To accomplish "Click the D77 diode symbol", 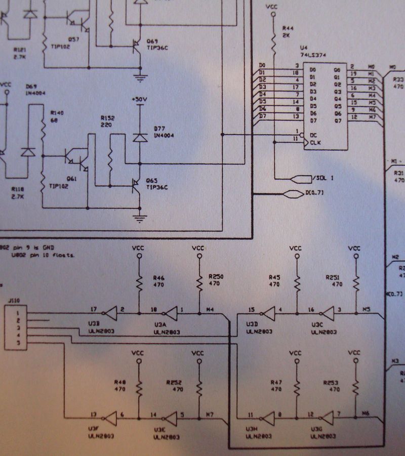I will tap(140, 137).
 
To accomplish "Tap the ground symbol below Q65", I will tap(139, 219).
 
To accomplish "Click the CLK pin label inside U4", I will tap(315, 143).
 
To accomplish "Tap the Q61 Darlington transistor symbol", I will tap(76, 158).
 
